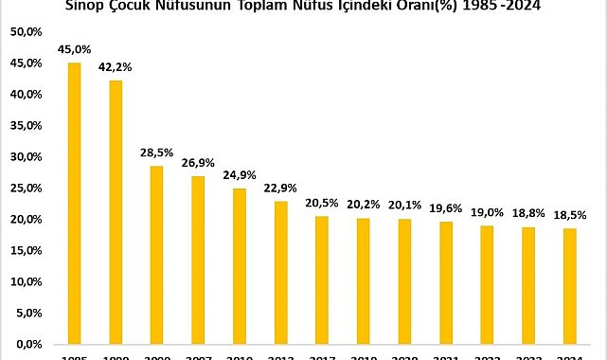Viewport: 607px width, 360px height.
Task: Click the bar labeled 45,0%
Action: [x=74, y=203]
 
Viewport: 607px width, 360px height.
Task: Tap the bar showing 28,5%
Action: [x=156, y=254]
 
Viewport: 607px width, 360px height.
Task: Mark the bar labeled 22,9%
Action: [x=280, y=272]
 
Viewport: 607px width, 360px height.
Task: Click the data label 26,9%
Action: [x=198, y=163]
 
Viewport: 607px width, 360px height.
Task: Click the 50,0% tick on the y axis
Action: [x=26, y=32]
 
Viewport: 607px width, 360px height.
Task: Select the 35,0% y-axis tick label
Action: [x=26, y=126]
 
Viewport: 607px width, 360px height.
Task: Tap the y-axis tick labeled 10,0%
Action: [x=26, y=281]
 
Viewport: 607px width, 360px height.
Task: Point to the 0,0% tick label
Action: [x=28, y=344]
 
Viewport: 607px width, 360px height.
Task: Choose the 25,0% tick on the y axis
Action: [x=26, y=189]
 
